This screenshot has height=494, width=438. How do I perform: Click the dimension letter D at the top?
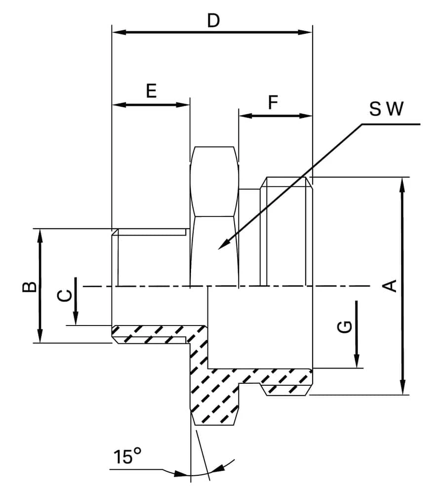213,21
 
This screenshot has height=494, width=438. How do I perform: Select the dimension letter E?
151,91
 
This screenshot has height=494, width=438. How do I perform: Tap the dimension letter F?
273,103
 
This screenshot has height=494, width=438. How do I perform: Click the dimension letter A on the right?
391,286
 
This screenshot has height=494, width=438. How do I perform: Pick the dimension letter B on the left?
30,287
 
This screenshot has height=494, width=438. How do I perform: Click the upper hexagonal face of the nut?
214,181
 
